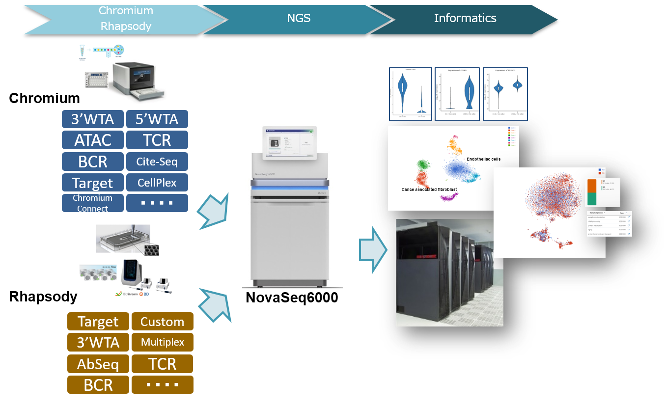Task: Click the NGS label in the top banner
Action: [x=298, y=19]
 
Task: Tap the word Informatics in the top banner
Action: [x=465, y=19]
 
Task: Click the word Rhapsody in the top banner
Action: [x=126, y=27]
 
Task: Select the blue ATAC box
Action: [x=93, y=140]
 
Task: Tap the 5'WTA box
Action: [x=157, y=119]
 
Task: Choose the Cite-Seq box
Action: [x=157, y=162]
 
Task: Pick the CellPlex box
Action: [x=157, y=183]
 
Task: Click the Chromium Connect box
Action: [x=93, y=203]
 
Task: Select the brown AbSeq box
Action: [x=98, y=364]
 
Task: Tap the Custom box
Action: [x=162, y=322]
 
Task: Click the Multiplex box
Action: [x=162, y=342]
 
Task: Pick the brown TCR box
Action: [x=162, y=364]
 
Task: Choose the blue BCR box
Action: [x=93, y=162]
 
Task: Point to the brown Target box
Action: [x=98, y=322]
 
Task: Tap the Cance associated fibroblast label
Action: [x=429, y=189]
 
